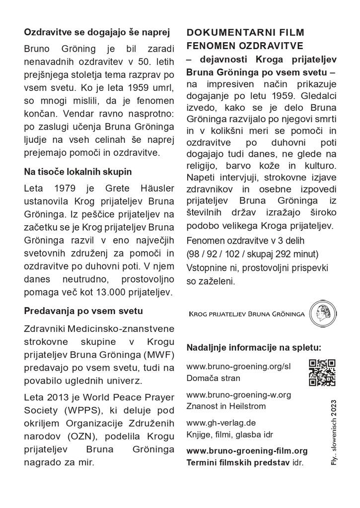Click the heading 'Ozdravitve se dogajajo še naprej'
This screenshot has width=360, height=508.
tap(97, 33)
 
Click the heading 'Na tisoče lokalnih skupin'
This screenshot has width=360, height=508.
tap(78, 172)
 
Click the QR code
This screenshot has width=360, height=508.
tap(322, 372)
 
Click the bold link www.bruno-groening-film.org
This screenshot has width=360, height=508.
tap(247, 451)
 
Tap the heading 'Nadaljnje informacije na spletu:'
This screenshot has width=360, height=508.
tap(254, 347)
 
